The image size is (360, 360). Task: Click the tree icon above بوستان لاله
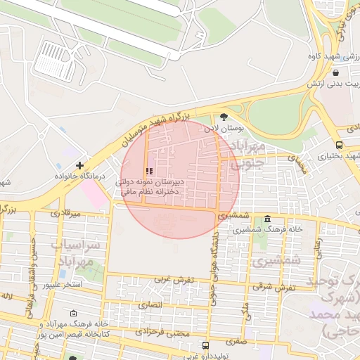(224, 117)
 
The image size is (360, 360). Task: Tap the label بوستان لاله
(224, 129)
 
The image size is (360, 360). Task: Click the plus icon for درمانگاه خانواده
(79, 165)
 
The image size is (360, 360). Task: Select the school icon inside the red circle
(148, 171)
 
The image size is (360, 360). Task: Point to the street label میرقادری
(67, 212)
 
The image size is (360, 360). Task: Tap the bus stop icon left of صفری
(205, 346)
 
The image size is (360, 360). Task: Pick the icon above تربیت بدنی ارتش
(335, 72)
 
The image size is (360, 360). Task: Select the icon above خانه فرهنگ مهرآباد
(74, 314)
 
